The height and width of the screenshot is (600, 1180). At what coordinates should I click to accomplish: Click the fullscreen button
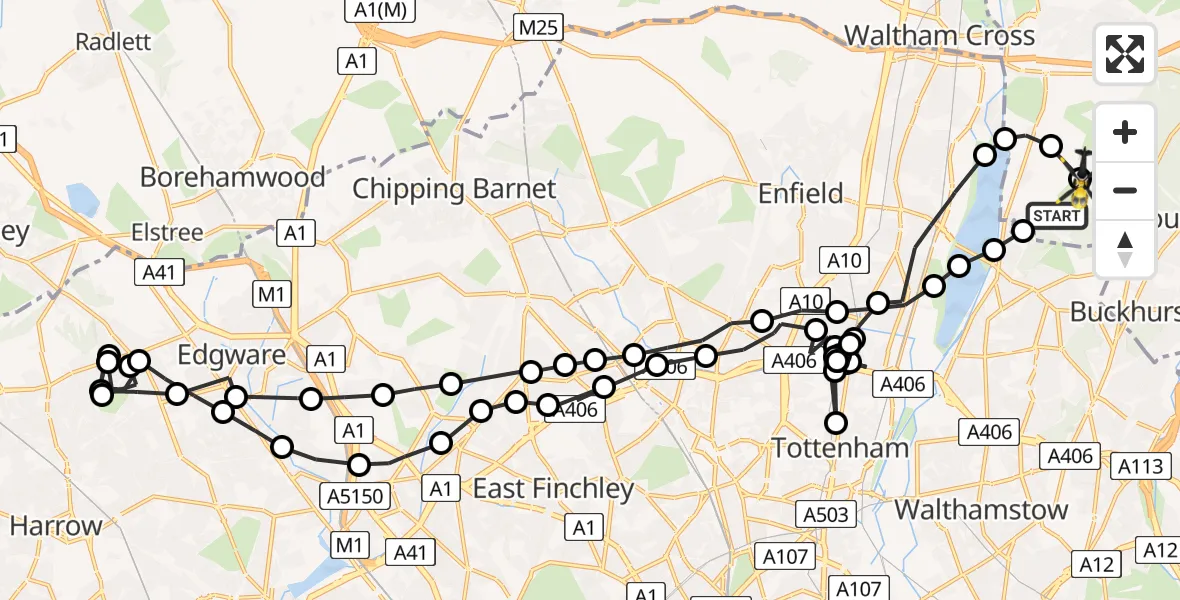tap(1125, 53)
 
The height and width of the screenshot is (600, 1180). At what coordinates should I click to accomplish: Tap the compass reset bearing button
tap(1125, 248)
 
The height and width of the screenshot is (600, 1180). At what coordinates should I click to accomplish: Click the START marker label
tap(1057, 215)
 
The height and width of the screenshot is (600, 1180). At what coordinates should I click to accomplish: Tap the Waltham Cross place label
tap(939, 36)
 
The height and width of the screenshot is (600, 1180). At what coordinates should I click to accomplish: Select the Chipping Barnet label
tap(453, 188)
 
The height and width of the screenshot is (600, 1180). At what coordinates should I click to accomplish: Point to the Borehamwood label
tap(233, 177)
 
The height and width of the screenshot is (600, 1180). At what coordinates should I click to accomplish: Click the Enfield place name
tap(801, 192)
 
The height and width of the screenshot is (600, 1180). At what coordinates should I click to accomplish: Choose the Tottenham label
tap(841, 447)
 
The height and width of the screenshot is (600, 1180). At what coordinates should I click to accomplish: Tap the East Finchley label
tap(553, 488)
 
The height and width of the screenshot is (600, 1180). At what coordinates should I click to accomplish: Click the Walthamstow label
tap(981, 509)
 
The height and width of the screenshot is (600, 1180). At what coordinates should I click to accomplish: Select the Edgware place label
tap(231, 354)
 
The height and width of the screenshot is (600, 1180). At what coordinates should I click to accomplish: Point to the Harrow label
tap(56, 525)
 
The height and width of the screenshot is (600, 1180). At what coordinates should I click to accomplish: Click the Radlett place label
tap(113, 41)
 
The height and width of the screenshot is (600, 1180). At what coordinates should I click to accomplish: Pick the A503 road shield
tap(827, 514)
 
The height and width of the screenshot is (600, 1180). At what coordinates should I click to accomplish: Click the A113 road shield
tap(1139, 466)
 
